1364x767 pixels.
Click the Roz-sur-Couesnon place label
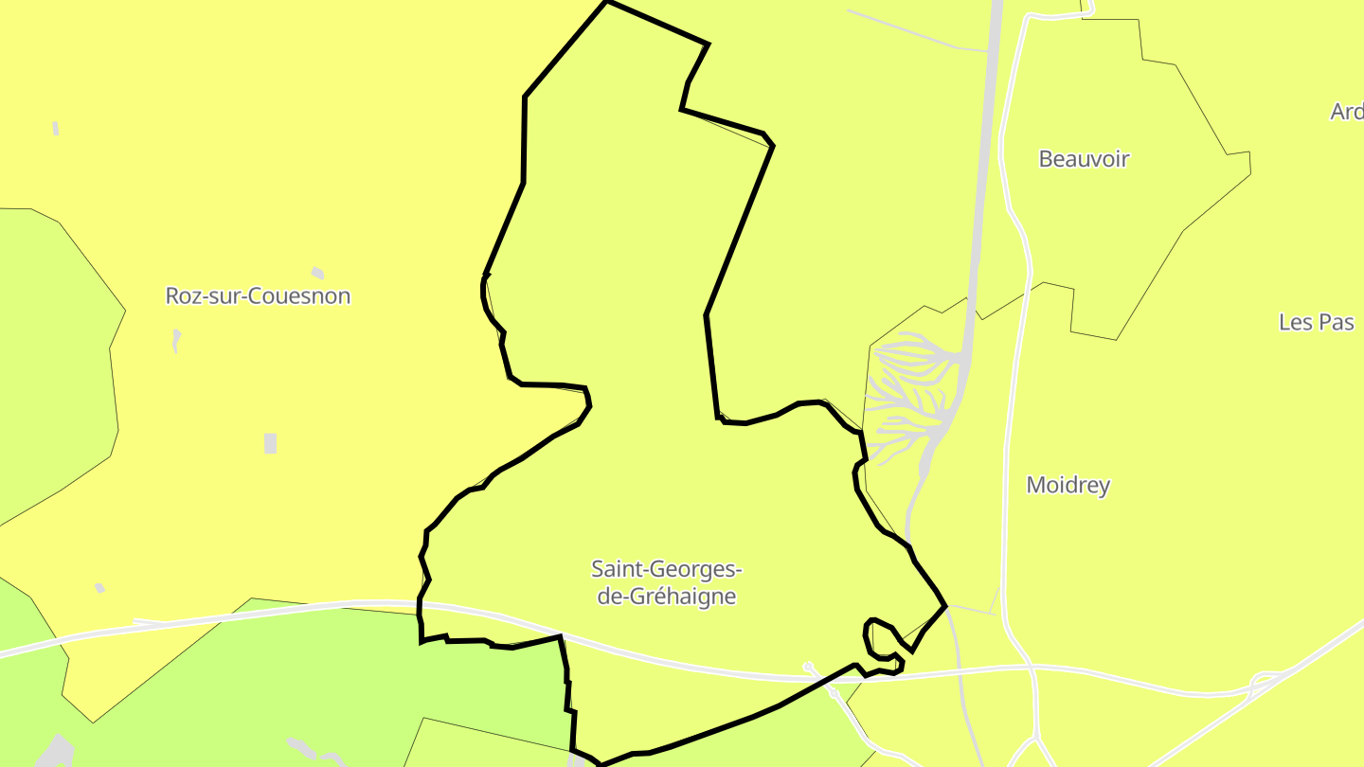[258, 295]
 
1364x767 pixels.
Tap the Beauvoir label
[1084, 158]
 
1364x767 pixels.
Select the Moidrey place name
[1068, 485]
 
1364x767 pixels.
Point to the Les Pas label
[1316, 321]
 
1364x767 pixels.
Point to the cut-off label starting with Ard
[1346, 112]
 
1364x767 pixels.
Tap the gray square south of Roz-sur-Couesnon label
[270, 442]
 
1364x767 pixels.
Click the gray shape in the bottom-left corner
[57, 752]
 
